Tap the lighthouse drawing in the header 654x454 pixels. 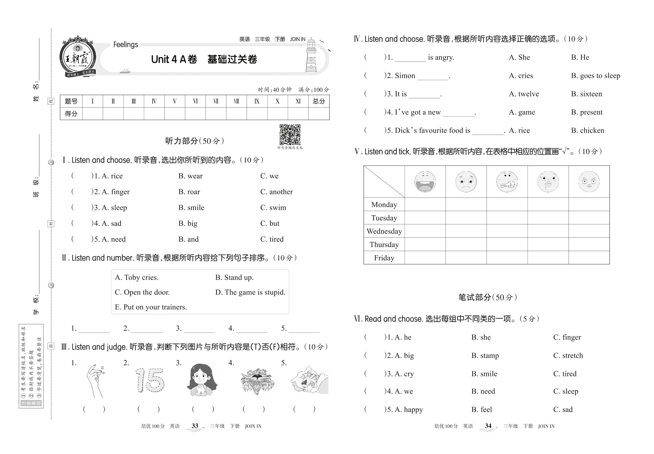click(x=311, y=56)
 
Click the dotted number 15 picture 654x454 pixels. click(x=150, y=380)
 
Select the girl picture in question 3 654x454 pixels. click(x=202, y=380)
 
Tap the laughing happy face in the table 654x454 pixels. click(x=425, y=182)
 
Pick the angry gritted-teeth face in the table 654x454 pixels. click(x=507, y=182)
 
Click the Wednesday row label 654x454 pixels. click(x=384, y=231)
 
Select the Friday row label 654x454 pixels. click(x=384, y=258)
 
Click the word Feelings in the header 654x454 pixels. click(x=125, y=45)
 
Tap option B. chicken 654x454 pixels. click(x=588, y=131)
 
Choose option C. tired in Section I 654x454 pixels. click(x=272, y=239)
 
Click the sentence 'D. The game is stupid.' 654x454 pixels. click(x=250, y=292)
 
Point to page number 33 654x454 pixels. click(x=195, y=426)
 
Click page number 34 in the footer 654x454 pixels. click(x=488, y=426)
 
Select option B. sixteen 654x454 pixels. click(x=586, y=94)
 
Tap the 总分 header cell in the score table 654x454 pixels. click(x=319, y=101)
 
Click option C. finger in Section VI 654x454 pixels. click(x=567, y=337)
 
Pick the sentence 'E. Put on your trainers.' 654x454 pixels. click(x=151, y=307)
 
